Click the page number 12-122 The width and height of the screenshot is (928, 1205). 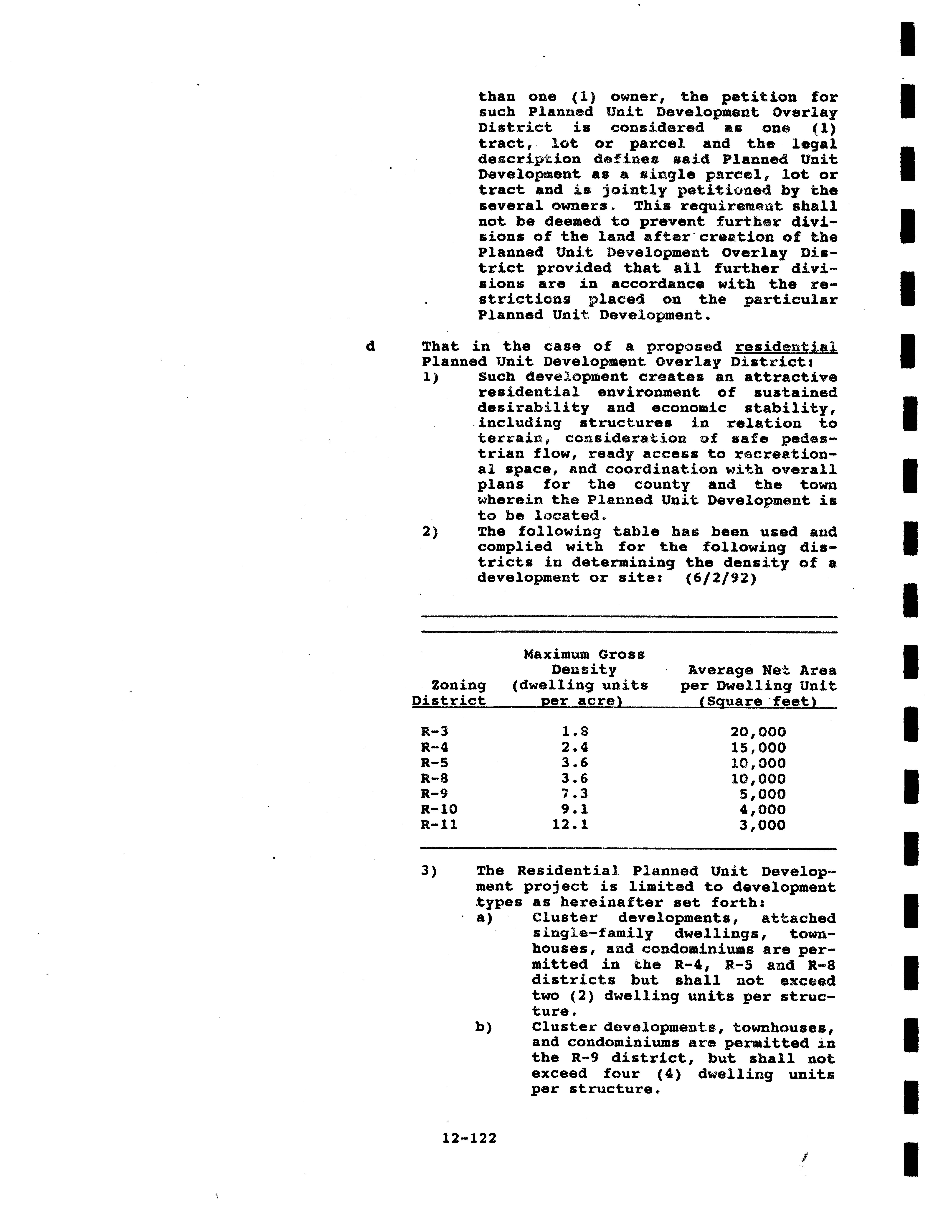(x=469, y=1138)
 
